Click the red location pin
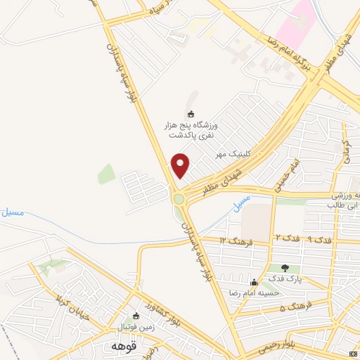pyautogui.click(x=181, y=165)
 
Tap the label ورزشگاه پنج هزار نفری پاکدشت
pyautogui.click(x=191, y=130)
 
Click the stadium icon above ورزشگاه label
pyautogui.click(x=191, y=114)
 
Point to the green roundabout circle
pyautogui.click(x=179, y=198)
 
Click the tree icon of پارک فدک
pyautogui.click(x=285, y=268)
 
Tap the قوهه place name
pyautogui.click(x=119, y=346)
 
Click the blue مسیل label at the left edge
pyautogui.click(x=13, y=212)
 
